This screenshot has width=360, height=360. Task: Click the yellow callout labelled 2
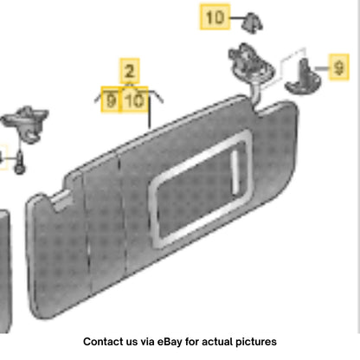[x=130, y=71]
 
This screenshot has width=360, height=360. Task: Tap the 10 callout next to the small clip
[x=215, y=16]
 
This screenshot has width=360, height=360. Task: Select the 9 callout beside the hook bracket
[x=339, y=67]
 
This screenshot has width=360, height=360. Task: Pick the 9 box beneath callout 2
[x=111, y=100]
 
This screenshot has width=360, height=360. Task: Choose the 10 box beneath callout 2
[x=134, y=100]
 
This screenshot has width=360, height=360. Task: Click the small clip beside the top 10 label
[x=252, y=22]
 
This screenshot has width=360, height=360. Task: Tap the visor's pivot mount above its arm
[x=250, y=61]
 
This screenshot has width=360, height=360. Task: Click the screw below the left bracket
[x=20, y=163]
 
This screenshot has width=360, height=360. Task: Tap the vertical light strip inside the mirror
[x=235, y=172]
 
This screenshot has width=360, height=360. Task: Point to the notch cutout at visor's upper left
[x=61, y=199]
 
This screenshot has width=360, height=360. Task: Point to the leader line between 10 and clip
[x=236, y=18]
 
